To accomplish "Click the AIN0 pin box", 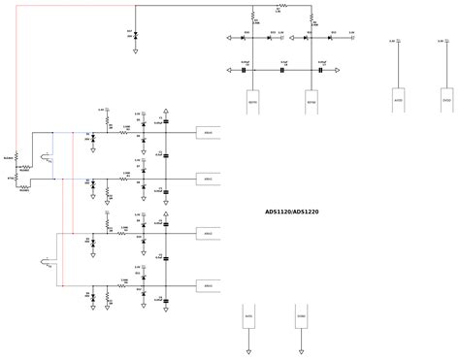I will click(208, 133).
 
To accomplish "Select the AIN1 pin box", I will click(208, 179).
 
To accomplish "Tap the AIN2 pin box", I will click(208, 234).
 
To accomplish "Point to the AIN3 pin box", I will click(208, 285).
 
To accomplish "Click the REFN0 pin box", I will click(312, 102).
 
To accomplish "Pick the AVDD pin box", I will click(398, 101).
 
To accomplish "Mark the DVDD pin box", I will click(445, 101).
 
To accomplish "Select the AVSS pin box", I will click(248, 316).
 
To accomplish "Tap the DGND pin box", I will click(301, 316).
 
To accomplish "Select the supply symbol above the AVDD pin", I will click(398, 43).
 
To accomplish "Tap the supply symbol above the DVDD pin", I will click(445, 43).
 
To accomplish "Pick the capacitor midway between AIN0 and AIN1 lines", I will click(166, 155).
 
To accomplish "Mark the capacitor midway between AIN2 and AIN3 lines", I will click(166, 259).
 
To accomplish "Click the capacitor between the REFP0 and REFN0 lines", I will click(283, 69).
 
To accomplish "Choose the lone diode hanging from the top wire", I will click(135, 36).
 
